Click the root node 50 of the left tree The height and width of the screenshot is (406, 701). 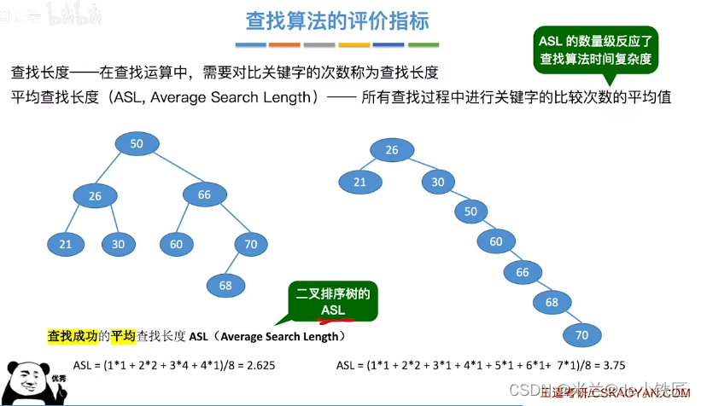[x=137, y=144]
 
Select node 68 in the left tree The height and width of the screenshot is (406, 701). [x=225, y=286]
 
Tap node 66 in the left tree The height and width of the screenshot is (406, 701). [x=204, y=194]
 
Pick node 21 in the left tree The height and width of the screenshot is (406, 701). [x=66, y=245]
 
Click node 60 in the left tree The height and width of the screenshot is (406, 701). [x=177, y=245]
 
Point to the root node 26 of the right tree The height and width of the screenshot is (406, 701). [x=392, y=150]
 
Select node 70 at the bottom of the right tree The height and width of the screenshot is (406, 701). [x=582, y=335]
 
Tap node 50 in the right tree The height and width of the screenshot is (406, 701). [x=470, y=211]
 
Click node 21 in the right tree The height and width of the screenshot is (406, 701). [x=359, y=182]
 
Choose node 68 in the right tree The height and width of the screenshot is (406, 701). [x=552, y=303]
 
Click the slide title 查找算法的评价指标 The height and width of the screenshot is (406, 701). [x=337, y=20]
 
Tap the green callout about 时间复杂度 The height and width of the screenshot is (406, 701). [x=595, y=50]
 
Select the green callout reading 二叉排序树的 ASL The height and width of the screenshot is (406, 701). [x=332, y=301]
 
